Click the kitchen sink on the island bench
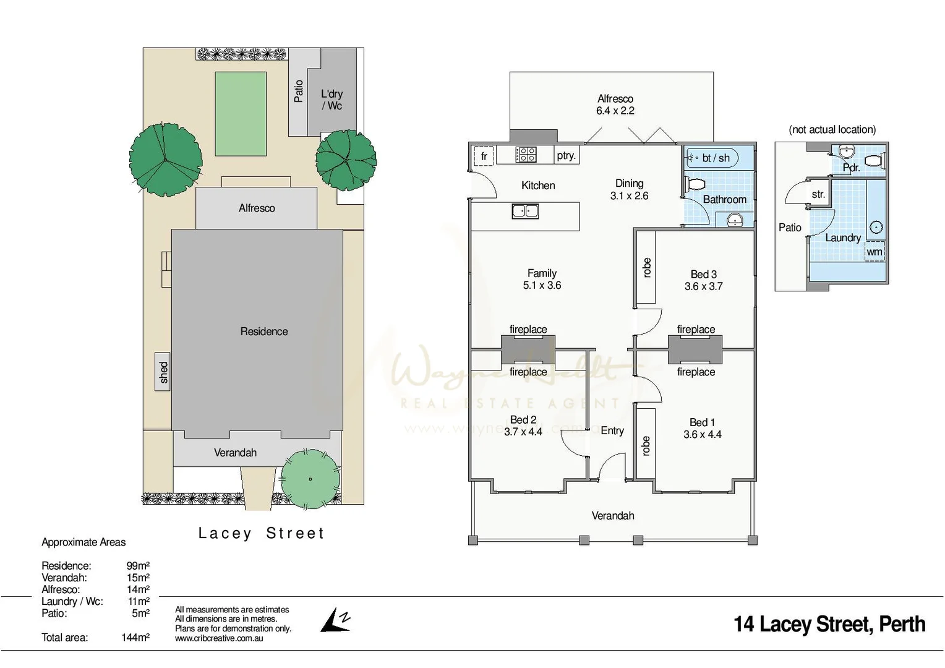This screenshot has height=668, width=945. point(525,212)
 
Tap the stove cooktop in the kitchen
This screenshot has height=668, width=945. point(526,155)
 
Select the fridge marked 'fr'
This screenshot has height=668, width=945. point(484,156)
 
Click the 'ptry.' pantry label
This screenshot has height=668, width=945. point(566,156)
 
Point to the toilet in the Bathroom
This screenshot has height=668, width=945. point(696,184)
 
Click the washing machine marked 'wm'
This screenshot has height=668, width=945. point(874,252)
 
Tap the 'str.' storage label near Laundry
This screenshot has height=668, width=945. point(818,194)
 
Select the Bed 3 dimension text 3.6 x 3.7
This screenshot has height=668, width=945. point(703,286)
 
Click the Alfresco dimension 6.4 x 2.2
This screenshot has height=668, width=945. point(615,111)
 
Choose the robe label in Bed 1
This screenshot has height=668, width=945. point(646,446)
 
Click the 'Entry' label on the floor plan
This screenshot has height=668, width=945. point(612,430)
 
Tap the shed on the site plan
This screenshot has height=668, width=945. point(163,372)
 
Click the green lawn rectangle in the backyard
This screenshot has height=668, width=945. point(241,114)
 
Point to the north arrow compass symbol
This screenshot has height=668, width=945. point(335,620)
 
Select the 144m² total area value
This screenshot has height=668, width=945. point(135,637)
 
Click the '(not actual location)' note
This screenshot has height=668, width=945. point(832,129)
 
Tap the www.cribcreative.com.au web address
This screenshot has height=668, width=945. point(219,638)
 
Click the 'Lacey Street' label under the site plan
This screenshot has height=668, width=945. point(261,533)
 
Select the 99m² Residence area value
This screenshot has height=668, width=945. point(138,565)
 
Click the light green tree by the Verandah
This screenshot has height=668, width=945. point(310,479)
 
